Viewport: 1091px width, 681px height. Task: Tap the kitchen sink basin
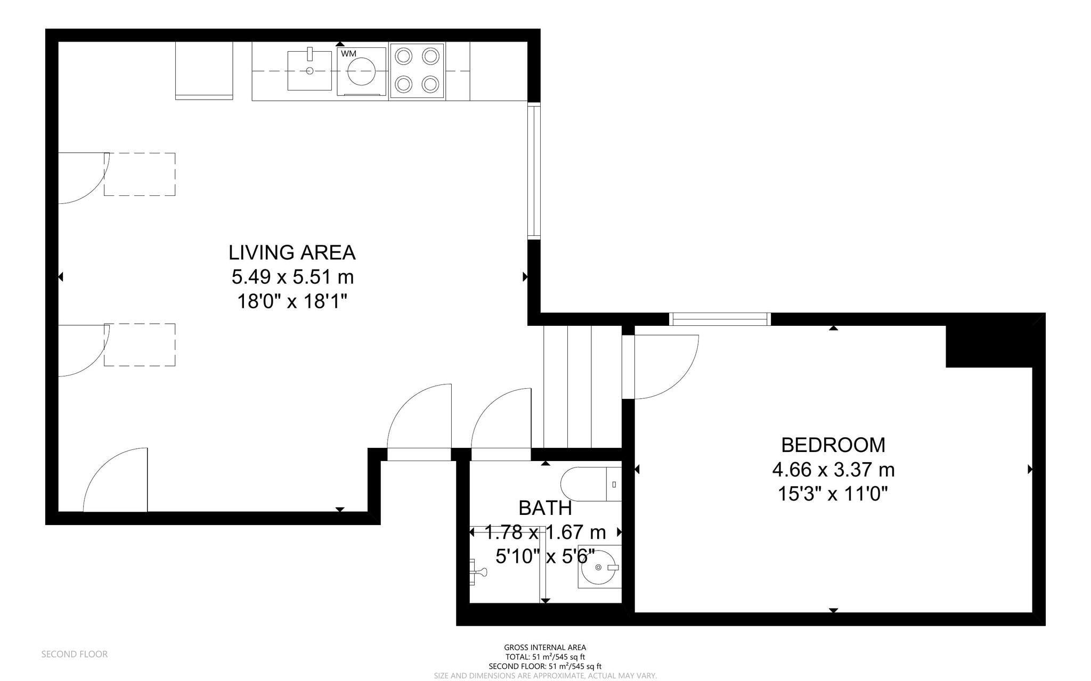pyautogui.click(x=310, y=70)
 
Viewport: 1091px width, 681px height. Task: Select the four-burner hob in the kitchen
pyautogui.click(x=417, y=71)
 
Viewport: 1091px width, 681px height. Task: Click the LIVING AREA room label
pyautogui.click(x=292, y=252)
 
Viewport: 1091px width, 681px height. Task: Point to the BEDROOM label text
pyautogui.click(x=833, y=445)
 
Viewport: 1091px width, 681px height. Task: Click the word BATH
pyautogui.click(x=545, y=508)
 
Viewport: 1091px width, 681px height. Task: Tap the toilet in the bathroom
pyautogui.click(x=591, y=484)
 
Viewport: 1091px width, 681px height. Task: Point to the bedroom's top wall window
pyautogui.click(x=720, y=319)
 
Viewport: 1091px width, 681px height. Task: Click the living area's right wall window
pyautogui.click(x=534, y=170)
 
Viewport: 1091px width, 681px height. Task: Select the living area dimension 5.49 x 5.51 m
pyautogui.click(x=292, y=277)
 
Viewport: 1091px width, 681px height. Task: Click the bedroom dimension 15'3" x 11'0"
pyautogui.click(x=833, y=494)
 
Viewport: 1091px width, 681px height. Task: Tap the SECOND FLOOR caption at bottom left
pyautogui.click(x=75, y=654)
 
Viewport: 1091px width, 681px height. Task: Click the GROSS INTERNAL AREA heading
pyautogui.click(x=545, y=647)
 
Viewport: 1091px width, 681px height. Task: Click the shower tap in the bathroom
pyautogui.click(x=478, y=572)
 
